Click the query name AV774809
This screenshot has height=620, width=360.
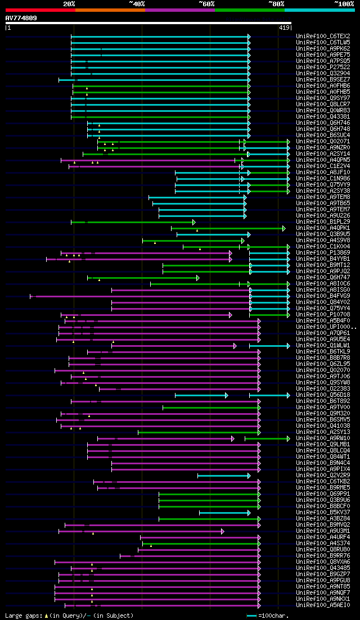pos(21,18)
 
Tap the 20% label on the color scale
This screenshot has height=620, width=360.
pos(69,4)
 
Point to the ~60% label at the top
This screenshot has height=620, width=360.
pos(206,4)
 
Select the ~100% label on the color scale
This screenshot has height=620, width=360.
pos(344,4)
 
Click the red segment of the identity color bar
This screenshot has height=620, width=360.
pos(40,10)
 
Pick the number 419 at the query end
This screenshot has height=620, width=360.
pos(284,27)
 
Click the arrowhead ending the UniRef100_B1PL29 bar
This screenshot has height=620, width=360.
pos(193,222)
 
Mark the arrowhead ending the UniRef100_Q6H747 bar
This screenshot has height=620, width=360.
pos(197,278)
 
